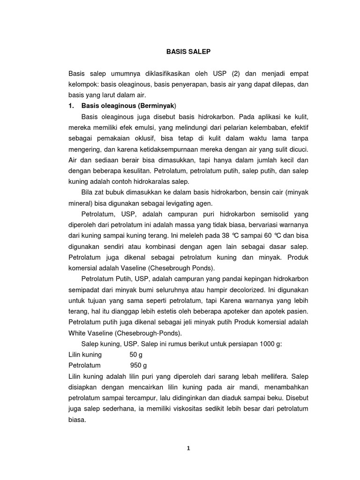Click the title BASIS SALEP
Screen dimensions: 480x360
[x=188, y=53]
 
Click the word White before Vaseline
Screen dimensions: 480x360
[x=77, y=333]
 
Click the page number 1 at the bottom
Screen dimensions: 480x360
[x=188, y=448]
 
